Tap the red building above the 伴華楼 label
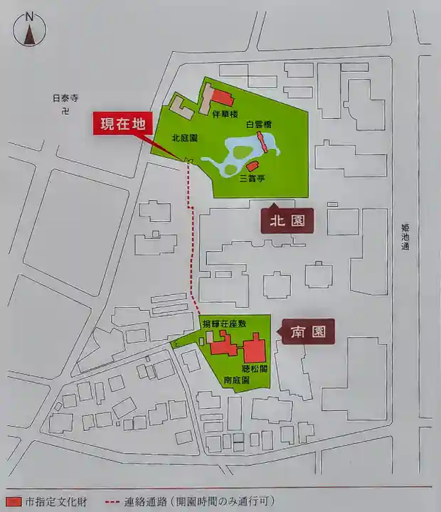[x=221, y=98]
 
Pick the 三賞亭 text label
[x=253, y=178]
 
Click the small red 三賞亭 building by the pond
[x=252, y=166]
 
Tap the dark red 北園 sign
[x=287, y=221]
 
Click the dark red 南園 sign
[x=308, y=331]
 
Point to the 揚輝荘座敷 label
[x=224, y=324]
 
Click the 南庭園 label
[x=236, y=380]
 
